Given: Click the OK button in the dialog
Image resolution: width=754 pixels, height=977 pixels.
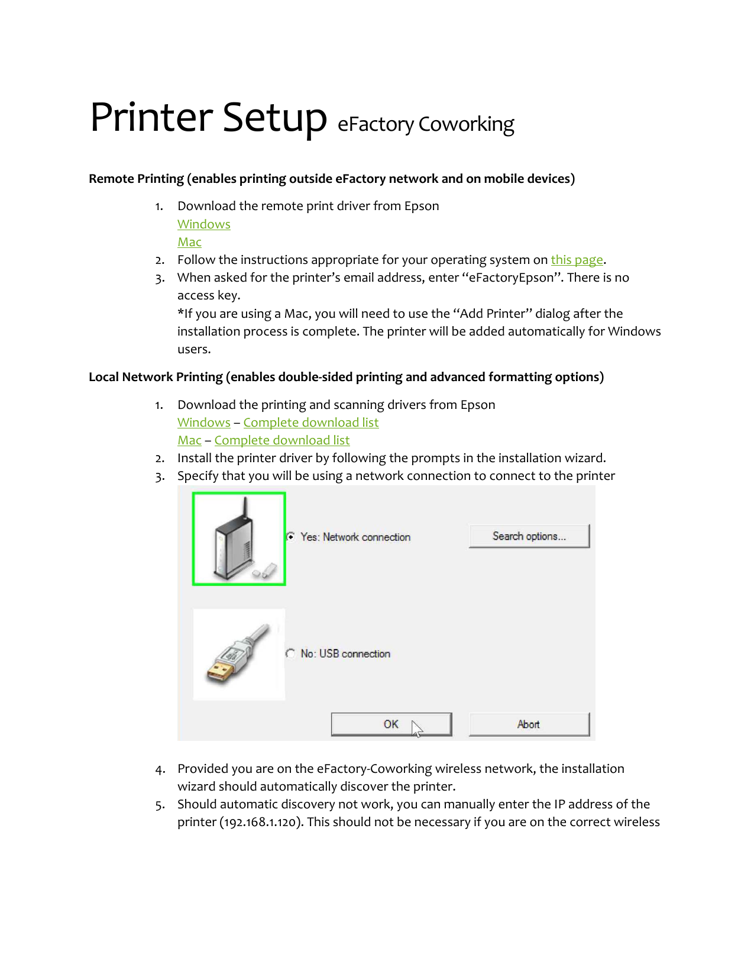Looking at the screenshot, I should click(391, 724).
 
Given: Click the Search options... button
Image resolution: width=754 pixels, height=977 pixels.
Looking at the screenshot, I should click(529, 536).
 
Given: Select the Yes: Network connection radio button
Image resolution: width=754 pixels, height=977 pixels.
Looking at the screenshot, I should click(290, 537).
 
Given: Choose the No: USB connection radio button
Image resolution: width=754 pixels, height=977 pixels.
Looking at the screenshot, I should click(290, 653).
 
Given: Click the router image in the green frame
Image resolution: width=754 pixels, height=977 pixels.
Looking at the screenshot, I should click(239, 539).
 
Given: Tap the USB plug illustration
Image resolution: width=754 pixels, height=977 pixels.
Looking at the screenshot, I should click(239, 654).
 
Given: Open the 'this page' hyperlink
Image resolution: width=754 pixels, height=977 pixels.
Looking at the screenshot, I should click(577, 260).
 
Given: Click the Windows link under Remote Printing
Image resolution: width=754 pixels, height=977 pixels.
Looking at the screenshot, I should click(204, 224).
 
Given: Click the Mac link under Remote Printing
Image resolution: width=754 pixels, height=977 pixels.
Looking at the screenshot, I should click(189, 242).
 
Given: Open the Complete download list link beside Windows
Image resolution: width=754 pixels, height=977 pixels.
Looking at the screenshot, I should click(311, 423).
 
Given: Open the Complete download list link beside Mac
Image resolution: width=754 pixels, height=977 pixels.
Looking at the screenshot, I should click(282, 440).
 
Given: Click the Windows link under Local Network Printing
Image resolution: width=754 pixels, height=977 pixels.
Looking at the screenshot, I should click(204, 423).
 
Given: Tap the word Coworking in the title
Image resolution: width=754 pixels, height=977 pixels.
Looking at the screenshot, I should click(466, 124).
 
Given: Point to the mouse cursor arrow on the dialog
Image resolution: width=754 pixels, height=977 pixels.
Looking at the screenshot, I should click(417, 728).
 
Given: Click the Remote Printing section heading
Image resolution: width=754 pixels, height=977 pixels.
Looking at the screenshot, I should click(331, 179).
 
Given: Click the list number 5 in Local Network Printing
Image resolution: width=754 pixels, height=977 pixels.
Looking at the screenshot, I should click(160, 805).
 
